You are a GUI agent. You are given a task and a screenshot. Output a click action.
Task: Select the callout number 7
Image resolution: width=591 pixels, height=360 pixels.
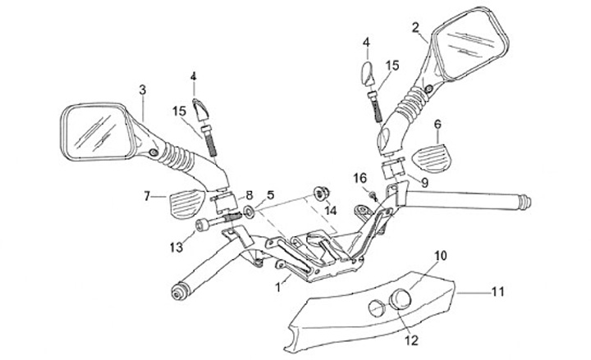coord(149,196)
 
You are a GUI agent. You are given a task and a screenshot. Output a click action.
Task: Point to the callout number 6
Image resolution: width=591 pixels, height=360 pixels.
coord(438,124)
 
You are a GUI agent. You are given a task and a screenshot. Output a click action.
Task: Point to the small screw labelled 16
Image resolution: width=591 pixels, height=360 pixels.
coord(371,194)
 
